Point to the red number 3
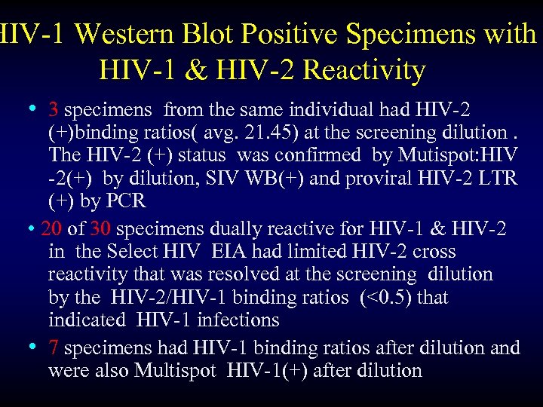[x=54, y=110]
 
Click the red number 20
[x=52, y=228]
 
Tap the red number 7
[x=54, y=347]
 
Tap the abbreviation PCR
[x=128, y=202]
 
